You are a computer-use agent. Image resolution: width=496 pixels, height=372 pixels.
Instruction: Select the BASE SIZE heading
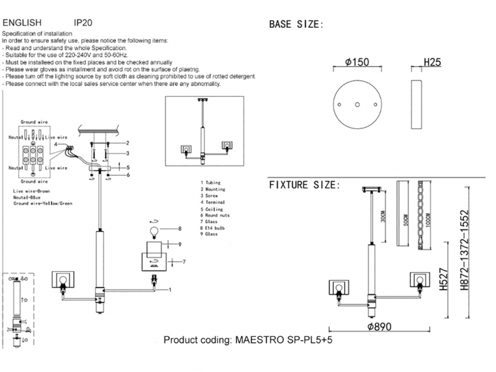click(296, 24)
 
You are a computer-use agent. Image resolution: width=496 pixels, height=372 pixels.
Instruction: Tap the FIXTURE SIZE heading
click(305, 185)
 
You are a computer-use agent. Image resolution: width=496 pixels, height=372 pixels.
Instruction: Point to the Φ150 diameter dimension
click(357, 62)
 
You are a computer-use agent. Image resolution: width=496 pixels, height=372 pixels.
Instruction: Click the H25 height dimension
click(432, 62)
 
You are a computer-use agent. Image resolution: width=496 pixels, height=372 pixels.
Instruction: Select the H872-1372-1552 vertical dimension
click(464, 251)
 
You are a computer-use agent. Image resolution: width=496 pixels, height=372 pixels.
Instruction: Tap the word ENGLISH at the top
click(22, 22)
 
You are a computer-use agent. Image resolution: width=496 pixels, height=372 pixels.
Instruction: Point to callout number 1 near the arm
click(170, 289)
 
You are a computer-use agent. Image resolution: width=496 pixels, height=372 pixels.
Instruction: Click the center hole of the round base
click(355, 103)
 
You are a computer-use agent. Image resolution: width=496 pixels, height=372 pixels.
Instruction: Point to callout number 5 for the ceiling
click(128, 166)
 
